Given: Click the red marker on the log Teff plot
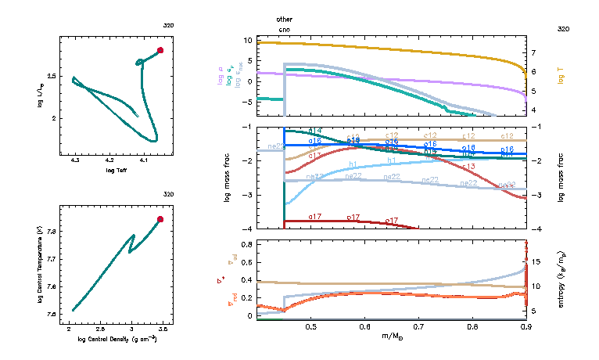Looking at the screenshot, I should pos(160,50).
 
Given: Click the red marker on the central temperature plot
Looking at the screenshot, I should pos(160,220).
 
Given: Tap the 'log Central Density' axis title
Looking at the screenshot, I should pos(117,339).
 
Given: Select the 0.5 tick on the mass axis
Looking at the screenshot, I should pos(310,327).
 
